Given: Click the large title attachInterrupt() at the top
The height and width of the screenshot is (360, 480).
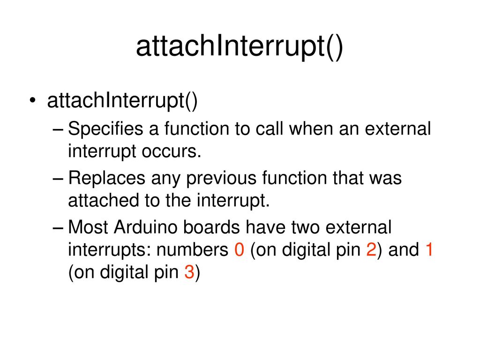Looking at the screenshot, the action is (x=240, y=47).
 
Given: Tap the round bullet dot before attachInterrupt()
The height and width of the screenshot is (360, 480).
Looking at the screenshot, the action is (x=33, y=100).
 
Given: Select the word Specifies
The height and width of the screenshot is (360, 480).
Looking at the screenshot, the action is (x=105, y=129).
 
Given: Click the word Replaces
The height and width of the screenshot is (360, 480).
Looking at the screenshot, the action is (x=106, y=179).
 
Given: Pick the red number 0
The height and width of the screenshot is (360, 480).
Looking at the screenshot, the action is (x=240, y=250).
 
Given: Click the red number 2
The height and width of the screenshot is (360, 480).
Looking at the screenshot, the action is (x=371, y=250).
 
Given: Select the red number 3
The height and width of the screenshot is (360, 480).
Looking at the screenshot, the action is (x=189, y=272).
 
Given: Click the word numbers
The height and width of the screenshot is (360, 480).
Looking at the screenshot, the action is (x=193, y=250).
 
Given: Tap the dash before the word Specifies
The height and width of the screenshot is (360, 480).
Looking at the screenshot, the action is (x=58, y=129).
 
